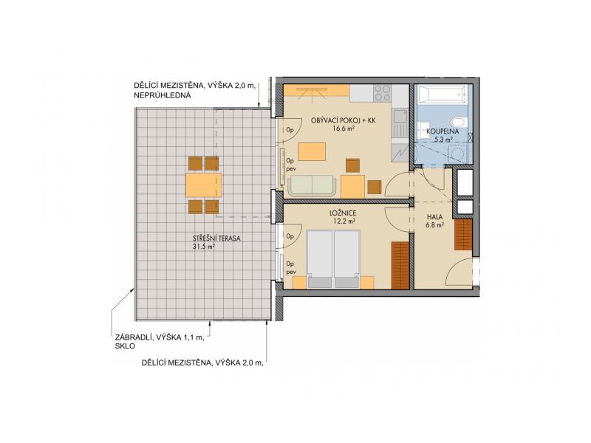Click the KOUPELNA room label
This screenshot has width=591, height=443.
point(443,131)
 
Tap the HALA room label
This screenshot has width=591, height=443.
point(434,217)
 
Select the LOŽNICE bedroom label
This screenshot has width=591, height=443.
point(343,213)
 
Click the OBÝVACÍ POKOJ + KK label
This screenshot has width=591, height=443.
point(344,120)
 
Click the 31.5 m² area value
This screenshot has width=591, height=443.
point(204,247)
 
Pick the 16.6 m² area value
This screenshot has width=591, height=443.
point(344,128)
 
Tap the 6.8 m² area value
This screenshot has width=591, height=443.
point(434,225)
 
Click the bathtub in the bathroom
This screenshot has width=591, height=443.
point(441,95)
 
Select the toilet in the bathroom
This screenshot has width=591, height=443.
point(460,123)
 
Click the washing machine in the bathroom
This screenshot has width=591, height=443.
point(457,154)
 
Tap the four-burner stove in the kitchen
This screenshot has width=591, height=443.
point(382,94)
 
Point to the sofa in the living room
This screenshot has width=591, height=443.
point(312,186)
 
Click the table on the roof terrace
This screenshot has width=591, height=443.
point(204,185)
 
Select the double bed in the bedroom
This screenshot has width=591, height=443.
point(334,259)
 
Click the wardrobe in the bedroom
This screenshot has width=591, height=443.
point(400,266)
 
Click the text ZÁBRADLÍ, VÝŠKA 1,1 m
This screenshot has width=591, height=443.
point(160,337)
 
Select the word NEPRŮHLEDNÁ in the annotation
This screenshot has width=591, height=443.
point(162,95)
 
